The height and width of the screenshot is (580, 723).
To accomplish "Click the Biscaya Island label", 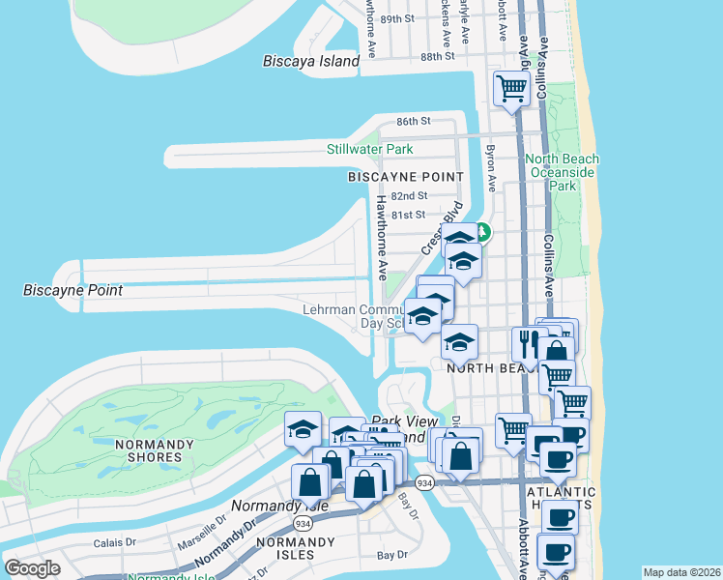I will coord(310,61).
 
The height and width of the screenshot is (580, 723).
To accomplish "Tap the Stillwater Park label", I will coord(369,149).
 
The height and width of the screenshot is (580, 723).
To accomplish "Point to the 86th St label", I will coord(413,121).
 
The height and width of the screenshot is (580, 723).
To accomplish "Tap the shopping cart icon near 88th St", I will coord(510,89).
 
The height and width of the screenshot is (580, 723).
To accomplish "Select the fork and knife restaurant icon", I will coord(529,342).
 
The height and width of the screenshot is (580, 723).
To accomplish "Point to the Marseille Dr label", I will coord(202,531).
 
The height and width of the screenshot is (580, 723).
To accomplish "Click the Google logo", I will coord(33,568).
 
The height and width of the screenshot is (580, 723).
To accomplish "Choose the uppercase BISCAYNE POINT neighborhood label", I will coord(406,177).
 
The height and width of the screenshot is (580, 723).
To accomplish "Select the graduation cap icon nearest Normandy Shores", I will coord(303,428).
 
